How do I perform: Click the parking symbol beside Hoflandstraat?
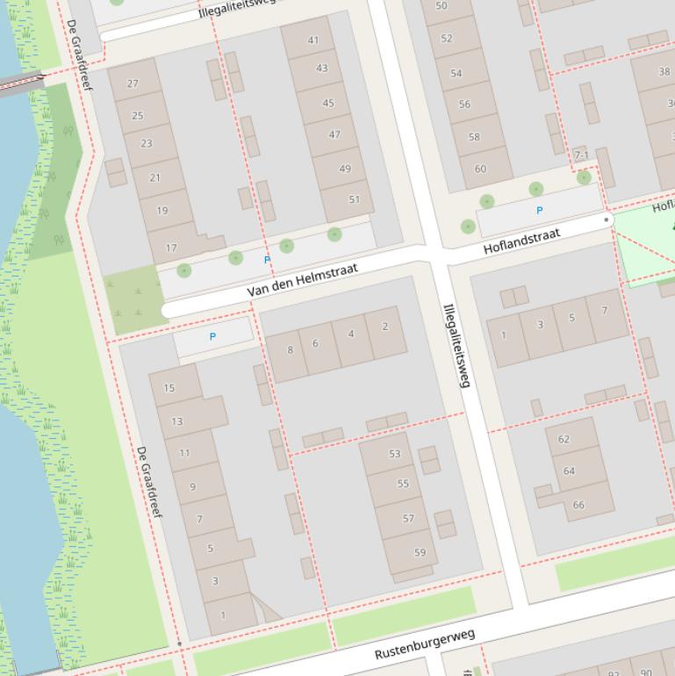539,211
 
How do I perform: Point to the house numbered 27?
133,83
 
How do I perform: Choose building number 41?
313,40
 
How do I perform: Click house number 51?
354,199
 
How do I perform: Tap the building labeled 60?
480,169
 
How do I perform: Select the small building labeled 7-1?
581,155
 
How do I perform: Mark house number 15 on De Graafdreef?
169,387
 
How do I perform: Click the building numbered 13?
177,421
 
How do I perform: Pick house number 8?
290,350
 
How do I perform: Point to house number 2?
384,327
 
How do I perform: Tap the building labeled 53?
394,454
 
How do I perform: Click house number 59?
420,552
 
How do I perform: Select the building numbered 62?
564,439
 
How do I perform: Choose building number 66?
578,504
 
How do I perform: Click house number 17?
171,248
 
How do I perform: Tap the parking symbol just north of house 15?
212,337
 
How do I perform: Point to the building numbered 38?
664,72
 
